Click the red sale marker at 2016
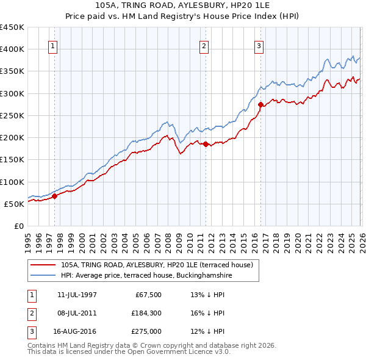coord(261,104)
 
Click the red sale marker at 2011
coord(206,145)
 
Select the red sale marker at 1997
coord(54,196)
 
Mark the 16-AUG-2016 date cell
coord(77,331)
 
